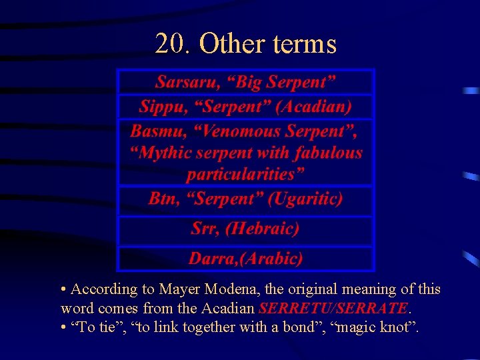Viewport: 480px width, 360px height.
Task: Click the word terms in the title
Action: point(305,44)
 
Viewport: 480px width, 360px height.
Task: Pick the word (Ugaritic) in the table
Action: point(305,199)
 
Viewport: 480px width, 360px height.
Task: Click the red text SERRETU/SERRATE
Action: point(333,309)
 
